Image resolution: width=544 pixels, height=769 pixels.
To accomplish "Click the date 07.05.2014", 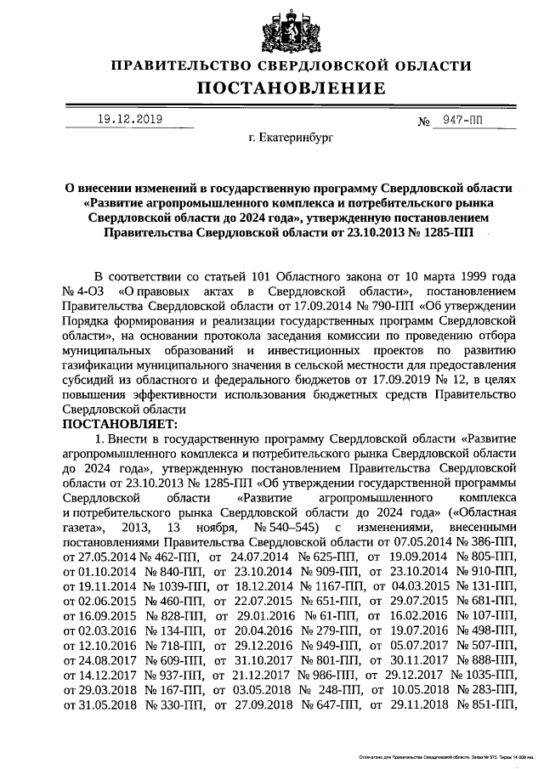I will pyautogui.click(x=422, y=542).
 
